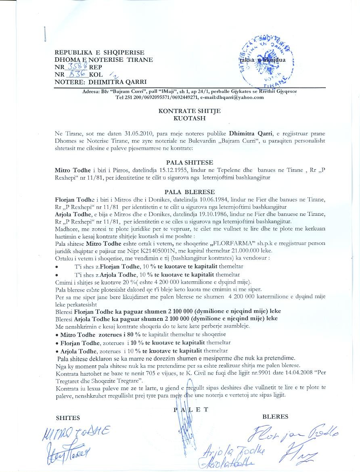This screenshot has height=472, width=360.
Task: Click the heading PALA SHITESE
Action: [x=180, y=162]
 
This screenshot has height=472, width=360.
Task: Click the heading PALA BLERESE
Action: [x=180, y=192]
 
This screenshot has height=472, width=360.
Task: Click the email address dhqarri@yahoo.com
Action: [x=239, y=97]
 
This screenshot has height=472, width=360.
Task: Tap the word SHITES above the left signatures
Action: [x=68, y=418]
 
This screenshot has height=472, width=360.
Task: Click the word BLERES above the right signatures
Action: [x=275, y=416]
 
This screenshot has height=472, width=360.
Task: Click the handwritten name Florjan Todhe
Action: [x=294, y=434]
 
